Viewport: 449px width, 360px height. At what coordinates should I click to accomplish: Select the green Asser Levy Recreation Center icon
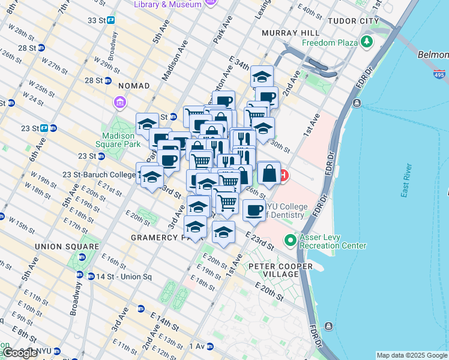[x=291, y=241]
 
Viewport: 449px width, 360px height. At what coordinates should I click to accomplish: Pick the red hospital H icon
[x=282, y=176]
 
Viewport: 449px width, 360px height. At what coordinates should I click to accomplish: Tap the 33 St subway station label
[x=96, y=20]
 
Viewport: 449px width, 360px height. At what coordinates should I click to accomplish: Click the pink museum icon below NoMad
[x=120, y=103]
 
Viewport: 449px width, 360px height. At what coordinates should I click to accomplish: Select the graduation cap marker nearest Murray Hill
[x=262, y=76]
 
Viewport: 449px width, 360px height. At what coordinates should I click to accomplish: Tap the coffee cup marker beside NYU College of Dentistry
[x=255, y=211]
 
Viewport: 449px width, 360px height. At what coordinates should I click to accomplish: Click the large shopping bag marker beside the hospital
[x=269, y=173]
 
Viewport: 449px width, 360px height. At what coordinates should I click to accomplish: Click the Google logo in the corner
[x=20, y=353]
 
